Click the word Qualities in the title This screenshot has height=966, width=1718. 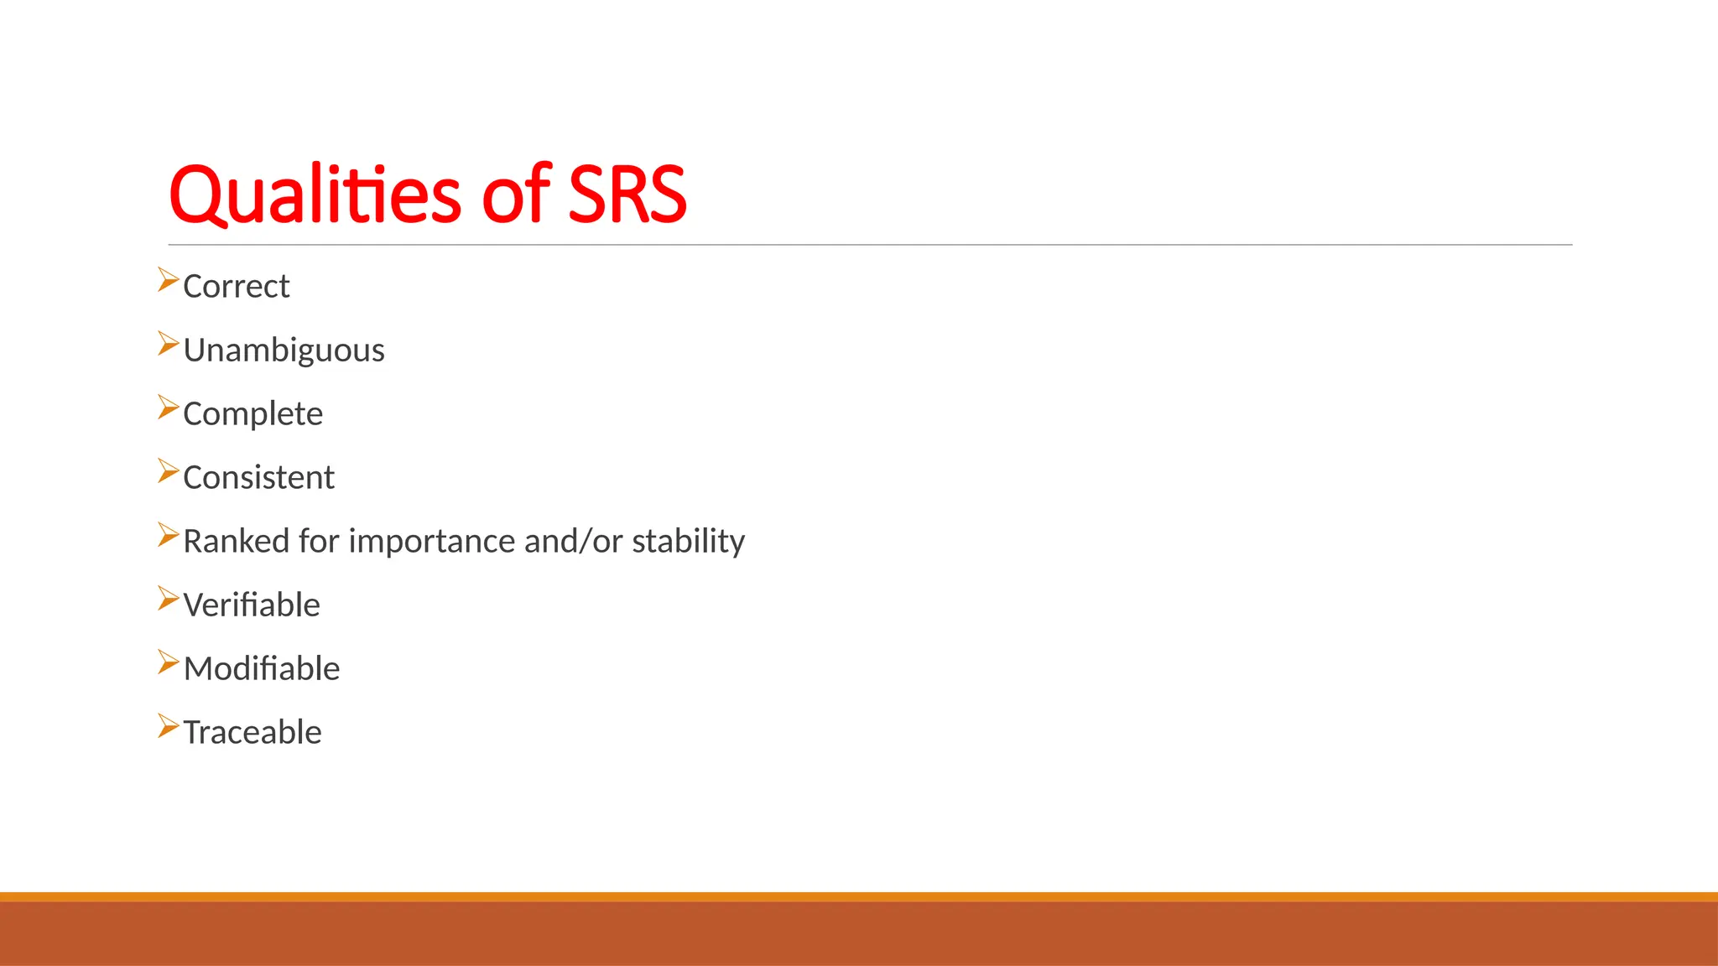tap(314, 195)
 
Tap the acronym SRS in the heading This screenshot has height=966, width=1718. tap(627, 195)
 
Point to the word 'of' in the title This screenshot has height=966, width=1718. tap(516, 195)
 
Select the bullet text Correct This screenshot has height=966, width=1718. tap(236, 287)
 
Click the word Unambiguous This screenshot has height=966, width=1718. tap(284, 351)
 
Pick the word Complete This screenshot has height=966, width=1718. tap(252, 414)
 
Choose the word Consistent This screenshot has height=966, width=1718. tap(258, 478)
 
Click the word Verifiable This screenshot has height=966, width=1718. tap(252, 605)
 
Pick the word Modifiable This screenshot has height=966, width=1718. tap(262, 669)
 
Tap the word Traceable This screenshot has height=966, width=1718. tap(252, 733)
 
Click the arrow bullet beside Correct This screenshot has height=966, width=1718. tap(168, 280)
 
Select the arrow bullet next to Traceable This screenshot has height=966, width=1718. tap(168, 726)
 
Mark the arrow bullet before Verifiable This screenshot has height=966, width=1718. tap(168, 599)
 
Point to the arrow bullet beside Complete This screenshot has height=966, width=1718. tap(168, 408)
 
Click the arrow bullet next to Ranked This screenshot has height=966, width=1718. tap(168, 535)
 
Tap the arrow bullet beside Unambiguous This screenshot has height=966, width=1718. tap(168, 344)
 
